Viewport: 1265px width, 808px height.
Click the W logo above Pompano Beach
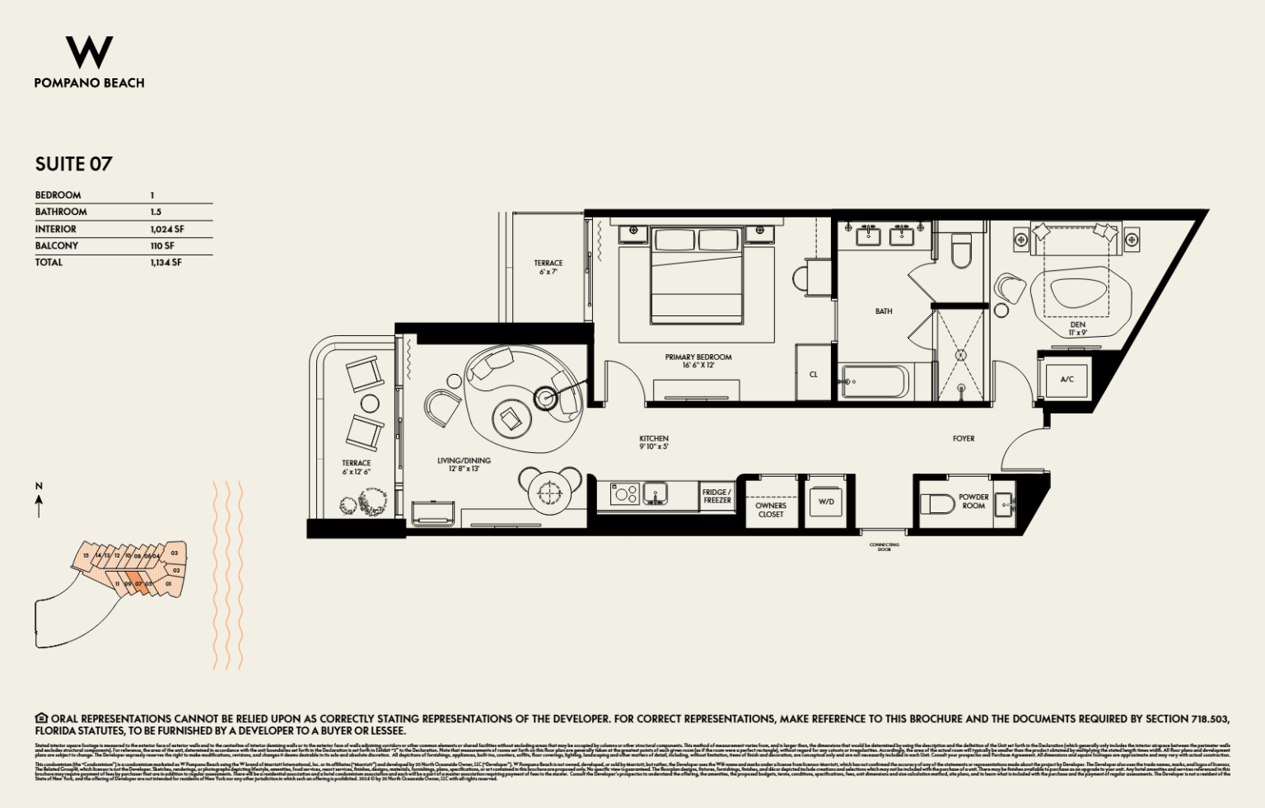pyautogui.click(x=89, y=53)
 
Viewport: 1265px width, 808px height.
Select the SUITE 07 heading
pyautogui.click(x=73, y=164)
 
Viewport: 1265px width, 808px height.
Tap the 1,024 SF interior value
pyautogui.click(x=167, y=229)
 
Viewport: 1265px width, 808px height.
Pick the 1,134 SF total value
pyautogui.click(x=166, y=262)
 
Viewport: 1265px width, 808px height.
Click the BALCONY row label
pyautogui.click(x=57, y=245)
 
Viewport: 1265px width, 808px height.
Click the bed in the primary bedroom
pyautogui.click(x=697, y=275)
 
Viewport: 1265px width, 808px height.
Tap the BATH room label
pyautogui.click(x=884, y=311)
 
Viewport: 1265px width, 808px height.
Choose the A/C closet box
pyautogui.click(x=1067, y=379)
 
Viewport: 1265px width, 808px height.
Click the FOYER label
pyautogui.click(x=964, y=439)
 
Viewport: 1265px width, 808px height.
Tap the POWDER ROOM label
pyautogui.click(x=973, y=501)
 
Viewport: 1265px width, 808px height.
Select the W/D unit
pyautogui.click(x=826, y=501)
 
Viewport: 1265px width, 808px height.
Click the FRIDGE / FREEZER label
pyautogui.click(x=717, y=496)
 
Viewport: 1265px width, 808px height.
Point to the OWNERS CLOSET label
pyautogui.click(x=771, y=510)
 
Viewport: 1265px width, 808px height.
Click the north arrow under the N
pyautogui.click(x=39, y=506)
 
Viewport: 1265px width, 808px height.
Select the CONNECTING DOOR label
pyautogui.click(x=885, y=547)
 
